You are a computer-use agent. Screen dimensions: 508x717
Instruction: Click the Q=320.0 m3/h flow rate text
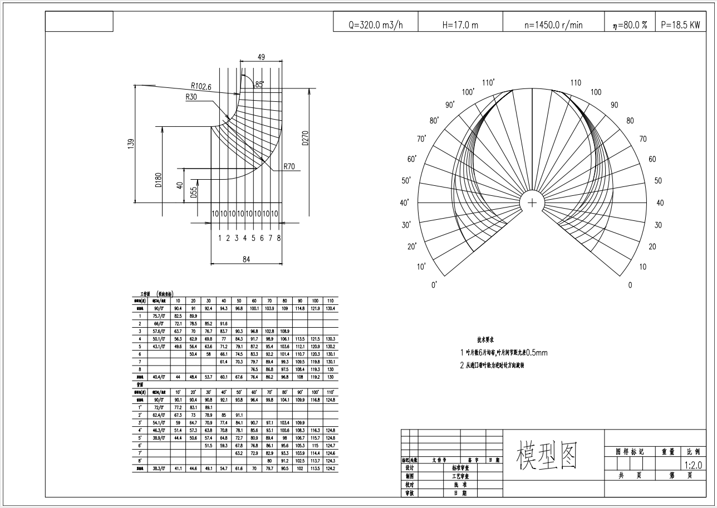(375, 25)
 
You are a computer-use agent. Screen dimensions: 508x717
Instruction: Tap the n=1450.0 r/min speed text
(553, 25)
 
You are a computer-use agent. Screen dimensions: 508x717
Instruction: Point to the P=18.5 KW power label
(680, 25)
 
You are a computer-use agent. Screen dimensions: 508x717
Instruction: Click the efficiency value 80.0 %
(633, 25)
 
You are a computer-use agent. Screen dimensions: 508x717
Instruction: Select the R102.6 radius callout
(201, 86)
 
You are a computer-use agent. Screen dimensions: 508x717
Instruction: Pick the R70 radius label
(289, 166)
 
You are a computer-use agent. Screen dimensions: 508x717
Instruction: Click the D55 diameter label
(194, 192)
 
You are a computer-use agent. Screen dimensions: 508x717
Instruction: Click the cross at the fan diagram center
(533, 203)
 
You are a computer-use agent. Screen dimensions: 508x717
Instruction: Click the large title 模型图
(547, 456)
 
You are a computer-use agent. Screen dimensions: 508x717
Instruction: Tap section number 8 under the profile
(278, 238)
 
